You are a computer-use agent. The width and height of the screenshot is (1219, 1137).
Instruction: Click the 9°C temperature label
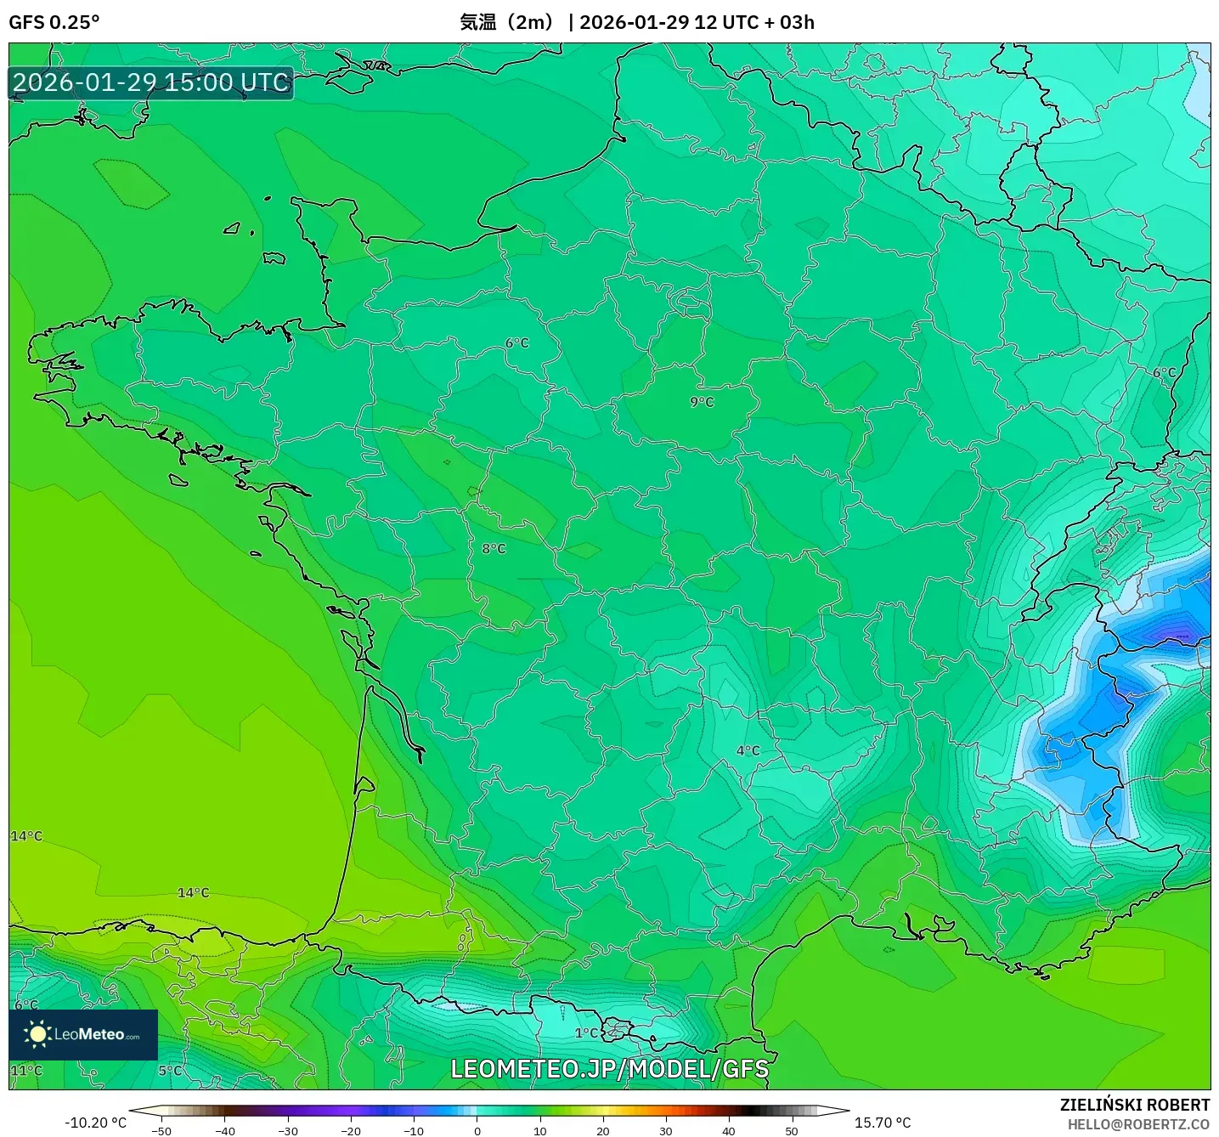click(x=702, y=402)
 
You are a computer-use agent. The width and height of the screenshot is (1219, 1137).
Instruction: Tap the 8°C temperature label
click(x=494, y=549)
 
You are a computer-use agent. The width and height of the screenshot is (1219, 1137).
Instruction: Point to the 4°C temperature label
click(x=748, y=750)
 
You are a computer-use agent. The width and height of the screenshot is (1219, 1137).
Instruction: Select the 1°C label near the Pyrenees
click(x=586, y=1033)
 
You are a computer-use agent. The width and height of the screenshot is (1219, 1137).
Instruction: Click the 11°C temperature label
click(x=26, y=1070)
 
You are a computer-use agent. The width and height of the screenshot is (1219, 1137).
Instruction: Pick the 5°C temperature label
click(x=170, y=1070)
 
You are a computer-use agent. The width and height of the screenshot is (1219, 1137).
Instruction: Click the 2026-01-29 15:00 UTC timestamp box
click(x=151, y=82)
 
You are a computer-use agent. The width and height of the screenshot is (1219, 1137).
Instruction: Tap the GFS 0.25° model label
click(x=54, y=22)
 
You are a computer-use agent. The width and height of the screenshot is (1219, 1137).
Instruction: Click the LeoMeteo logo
click(x=83, y=1034)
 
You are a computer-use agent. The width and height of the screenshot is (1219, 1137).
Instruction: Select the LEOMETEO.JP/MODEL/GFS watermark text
click(x=609, y=1069)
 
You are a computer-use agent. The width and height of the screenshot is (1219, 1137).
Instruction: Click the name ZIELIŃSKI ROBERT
click(x=1134, y=1105)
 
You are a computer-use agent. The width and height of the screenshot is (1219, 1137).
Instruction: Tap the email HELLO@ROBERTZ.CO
click(x=1138, y=1124)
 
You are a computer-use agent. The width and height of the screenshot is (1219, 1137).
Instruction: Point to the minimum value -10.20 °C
click(x=95, y=1123)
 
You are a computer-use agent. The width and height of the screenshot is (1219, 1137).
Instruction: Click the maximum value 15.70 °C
click(x=883, y=1123)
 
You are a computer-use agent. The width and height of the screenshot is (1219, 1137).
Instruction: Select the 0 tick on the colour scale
click(x=477, y=1131)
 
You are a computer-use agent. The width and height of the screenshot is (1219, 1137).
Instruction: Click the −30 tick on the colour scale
click(x=288, y=1131)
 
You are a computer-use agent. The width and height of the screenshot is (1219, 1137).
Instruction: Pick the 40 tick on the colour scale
click(x=729, y=1131)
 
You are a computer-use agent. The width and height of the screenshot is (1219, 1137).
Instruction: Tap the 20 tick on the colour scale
click(x=603, y=1131)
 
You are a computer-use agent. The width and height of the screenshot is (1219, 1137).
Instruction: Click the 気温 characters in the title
click(x=478, y=22)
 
